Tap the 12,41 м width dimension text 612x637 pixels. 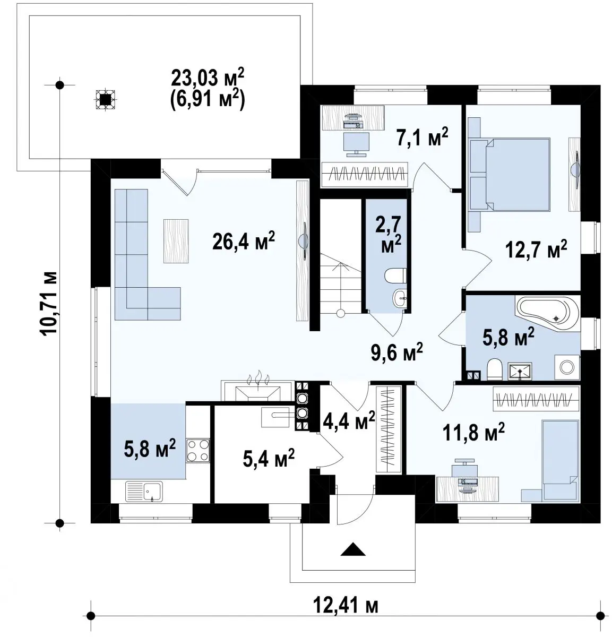[x=346, y=606]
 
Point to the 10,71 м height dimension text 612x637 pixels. [x=49, y=303]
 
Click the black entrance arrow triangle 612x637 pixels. [x=353, y=549]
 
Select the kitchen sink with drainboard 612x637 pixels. [x=144, y=491]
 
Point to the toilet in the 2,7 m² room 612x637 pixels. [x=395, y=276]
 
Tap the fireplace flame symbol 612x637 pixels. [x=258, y=379]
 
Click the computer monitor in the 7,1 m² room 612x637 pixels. [x=356, y=144]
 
